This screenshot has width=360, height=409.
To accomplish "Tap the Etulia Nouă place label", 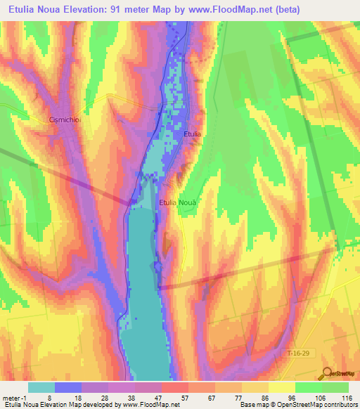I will (x=180, y=202).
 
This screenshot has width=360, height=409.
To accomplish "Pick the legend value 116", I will (x=347, y=398).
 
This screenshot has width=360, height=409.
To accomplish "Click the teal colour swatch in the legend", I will (x=41, y=387).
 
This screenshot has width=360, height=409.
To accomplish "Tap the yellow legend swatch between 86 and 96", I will (x=281, y=387).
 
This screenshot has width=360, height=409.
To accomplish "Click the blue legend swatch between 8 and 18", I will (x=68, y=387).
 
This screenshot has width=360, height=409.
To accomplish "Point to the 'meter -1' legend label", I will (x=14, y=398).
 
